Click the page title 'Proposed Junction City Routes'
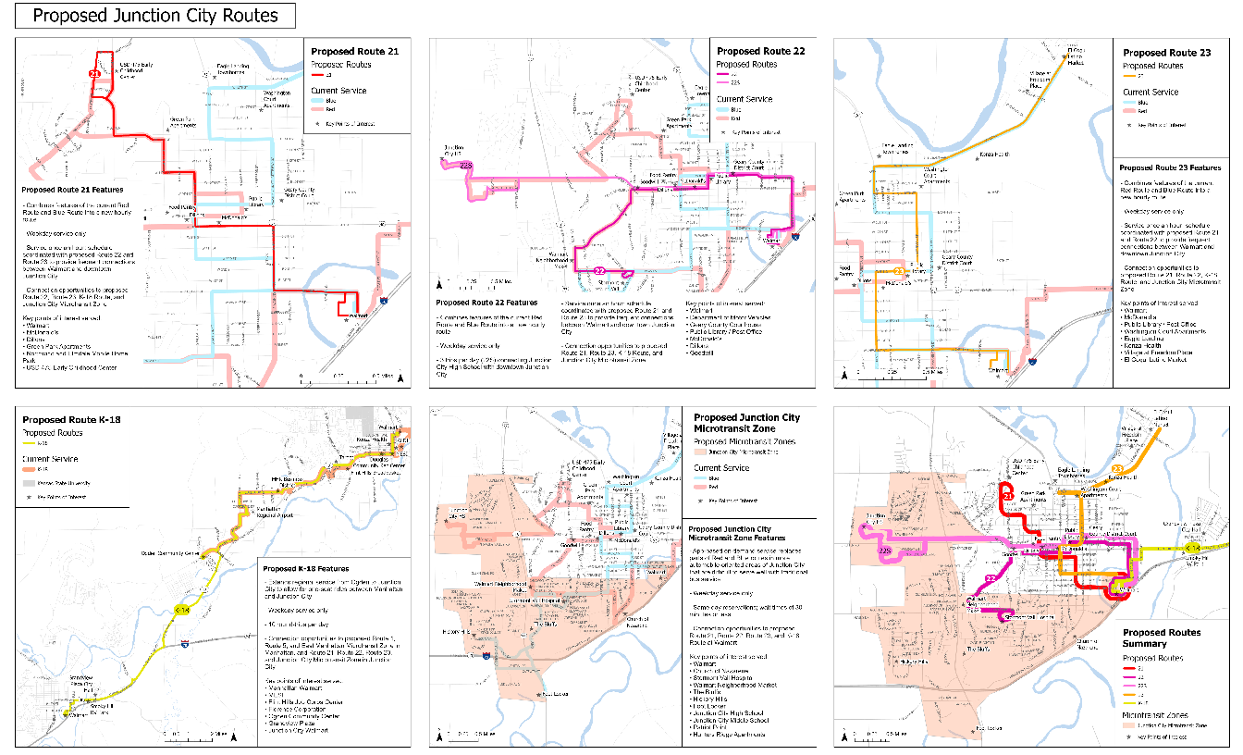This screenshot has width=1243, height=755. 155,17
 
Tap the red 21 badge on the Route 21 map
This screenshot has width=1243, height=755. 94,71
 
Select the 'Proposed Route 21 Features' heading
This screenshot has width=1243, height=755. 73,189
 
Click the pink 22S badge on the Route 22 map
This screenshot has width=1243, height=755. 466,165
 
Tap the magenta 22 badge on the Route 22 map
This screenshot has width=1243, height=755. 599,271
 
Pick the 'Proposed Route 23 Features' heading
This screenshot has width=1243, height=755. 1171,167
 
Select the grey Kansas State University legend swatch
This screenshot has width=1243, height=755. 30,483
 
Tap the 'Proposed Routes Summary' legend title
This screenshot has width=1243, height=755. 1162,638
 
